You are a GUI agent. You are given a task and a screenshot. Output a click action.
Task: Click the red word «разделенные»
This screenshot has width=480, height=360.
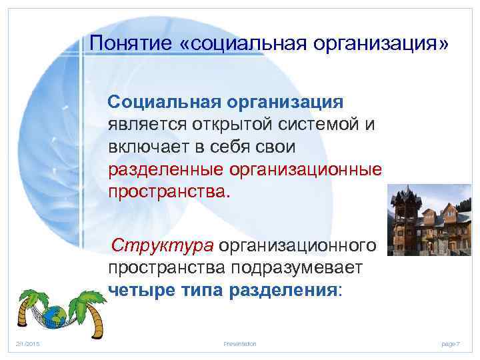pyautogui.click(x=165, y=169)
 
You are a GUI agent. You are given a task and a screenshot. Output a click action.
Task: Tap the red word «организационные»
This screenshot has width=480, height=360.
pyautogui.click(x=305, y=169)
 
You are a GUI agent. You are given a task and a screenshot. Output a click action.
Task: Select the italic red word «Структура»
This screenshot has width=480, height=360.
pyautogui.click(x=163, y=245)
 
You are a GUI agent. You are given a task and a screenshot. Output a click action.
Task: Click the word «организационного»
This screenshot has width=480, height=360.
pyautogui.click(x=298, y=245)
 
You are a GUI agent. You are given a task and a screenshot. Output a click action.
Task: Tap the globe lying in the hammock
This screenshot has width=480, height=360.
pyautogui.click(x=53, y=313)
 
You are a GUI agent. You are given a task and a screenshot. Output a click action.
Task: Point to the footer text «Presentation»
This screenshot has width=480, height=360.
pyautogui.click(x=240, y=343)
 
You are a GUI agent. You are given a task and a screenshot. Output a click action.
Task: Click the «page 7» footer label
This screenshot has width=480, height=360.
pyautogui.click(x=451, y=343)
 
